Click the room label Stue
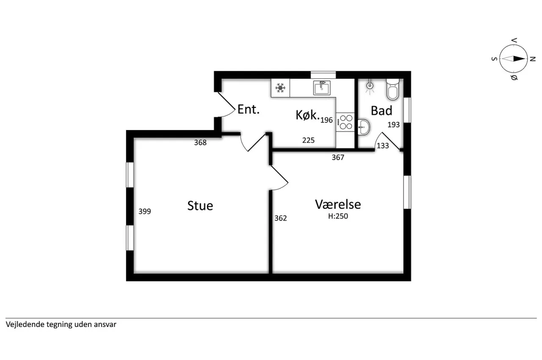[200, 206]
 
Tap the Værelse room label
[338, 205]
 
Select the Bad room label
[382, 111]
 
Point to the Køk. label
[307, 115]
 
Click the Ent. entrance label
[249, 109]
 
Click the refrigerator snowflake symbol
[280, 88]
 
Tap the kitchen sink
[322, 88]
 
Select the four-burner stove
[345, 122]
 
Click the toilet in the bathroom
[393, 89]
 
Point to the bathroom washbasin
[364, 127]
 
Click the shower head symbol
[370, 86]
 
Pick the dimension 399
[145, 211]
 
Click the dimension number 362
[281, 218]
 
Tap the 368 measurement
[200, 142]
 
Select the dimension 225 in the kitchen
[309, 140]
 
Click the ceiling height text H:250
[338, 216]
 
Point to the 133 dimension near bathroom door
[383, 146]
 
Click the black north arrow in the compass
[519, 58]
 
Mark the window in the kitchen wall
[323, 75]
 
